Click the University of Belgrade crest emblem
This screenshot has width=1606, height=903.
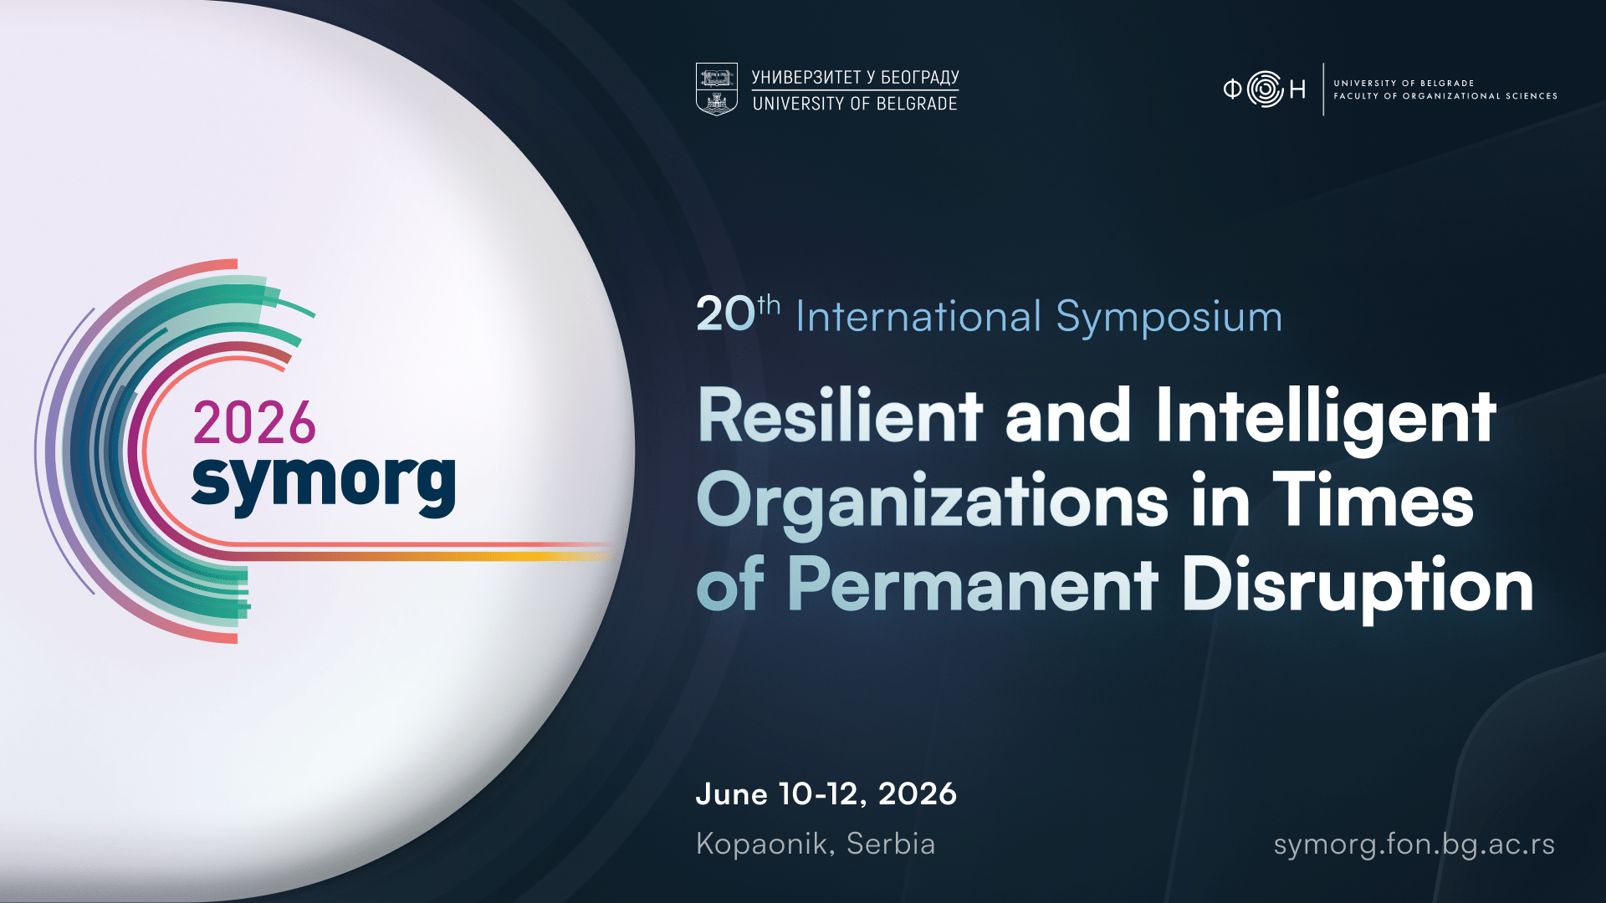(x=717, y=89)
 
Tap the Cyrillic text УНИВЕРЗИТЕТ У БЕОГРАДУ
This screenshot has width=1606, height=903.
(x=855, y=77)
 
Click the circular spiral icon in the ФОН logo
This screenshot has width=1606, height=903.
(x=1265, y=89)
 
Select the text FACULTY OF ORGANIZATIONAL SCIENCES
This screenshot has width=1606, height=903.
(x=1445, y=96)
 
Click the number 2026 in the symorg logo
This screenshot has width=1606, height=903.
(x=254, y=423)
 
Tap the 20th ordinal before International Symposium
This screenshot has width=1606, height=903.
(x=738, y=314)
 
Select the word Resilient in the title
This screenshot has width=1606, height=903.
(x=840, y=416)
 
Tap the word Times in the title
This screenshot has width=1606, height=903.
(x=1373, y=500)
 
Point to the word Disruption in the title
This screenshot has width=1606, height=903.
(x=1358, y=589)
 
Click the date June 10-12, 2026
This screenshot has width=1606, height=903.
(x=826, y=794)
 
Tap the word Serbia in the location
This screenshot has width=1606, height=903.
(x=891, y=844)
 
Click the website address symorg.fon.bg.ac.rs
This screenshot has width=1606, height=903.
(x=1414, y=845)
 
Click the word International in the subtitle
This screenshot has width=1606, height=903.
(x=918, y=317)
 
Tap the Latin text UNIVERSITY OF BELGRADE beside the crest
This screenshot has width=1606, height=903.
(x=855, y=104)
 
